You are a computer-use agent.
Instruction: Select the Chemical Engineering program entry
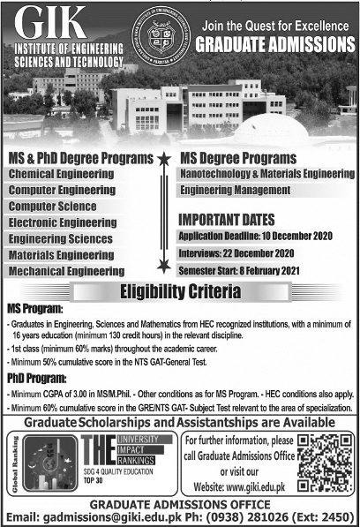[x=62, y=176]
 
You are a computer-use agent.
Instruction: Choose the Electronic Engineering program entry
[x=64, y=223]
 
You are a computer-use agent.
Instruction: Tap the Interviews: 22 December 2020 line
[x=236, y=252]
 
